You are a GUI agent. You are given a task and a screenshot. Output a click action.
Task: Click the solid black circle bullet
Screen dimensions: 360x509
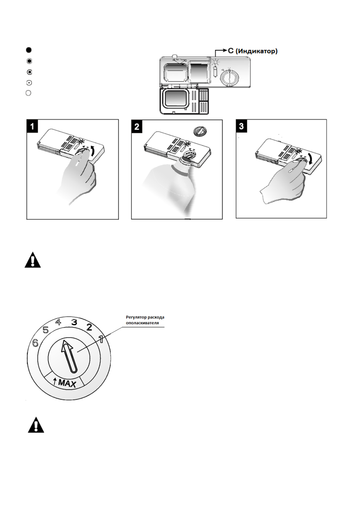(x=28, y=50)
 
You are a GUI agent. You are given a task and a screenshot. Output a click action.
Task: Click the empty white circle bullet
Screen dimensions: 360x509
(x=28, y=93)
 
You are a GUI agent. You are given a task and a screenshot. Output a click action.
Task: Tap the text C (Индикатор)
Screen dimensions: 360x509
(x=252, y=51)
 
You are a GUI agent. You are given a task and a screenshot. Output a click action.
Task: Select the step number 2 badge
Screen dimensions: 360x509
(x=137, y=126)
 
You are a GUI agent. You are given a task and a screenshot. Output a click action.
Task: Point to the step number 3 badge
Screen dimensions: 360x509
(x=241, y=126)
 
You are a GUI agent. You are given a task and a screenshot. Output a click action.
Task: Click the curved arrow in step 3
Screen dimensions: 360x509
(x=310, y=160)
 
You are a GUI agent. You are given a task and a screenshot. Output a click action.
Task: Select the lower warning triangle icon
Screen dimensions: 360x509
(x=36, y=426)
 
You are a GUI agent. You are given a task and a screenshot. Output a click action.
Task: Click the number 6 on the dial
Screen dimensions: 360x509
(x=35, y=343)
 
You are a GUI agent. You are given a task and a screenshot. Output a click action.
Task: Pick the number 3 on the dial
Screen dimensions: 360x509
(x=74, y=323)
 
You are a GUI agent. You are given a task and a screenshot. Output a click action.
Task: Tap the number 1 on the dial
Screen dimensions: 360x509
(x=101, y=339)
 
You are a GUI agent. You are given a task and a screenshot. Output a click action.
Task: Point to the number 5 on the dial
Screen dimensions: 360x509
(x=46, y=330)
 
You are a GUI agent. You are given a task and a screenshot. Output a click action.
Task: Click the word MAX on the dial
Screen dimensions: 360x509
(x=67, y=383)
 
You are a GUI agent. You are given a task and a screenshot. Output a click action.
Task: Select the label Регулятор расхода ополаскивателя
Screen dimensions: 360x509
(x=145, y=320)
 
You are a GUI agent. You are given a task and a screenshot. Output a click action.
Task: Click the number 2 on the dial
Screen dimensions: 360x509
(x=89, y=327)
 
